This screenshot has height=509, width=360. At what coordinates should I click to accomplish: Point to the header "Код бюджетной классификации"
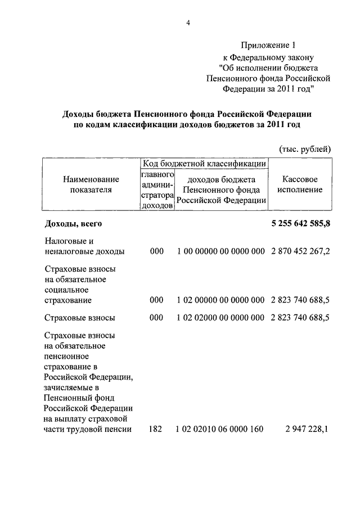click(204, 163)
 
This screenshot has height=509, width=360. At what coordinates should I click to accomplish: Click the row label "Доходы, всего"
click(73, 223)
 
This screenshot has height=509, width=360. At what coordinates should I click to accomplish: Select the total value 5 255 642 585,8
click(300, 223)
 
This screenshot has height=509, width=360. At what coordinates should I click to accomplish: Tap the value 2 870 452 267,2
click(300, 251)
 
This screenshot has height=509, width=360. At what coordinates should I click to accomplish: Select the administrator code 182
click(156, 429)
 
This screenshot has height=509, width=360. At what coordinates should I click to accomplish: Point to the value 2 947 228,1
click(307, 429)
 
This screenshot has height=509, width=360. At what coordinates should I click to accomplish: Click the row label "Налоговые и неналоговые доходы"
click(84, 246)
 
